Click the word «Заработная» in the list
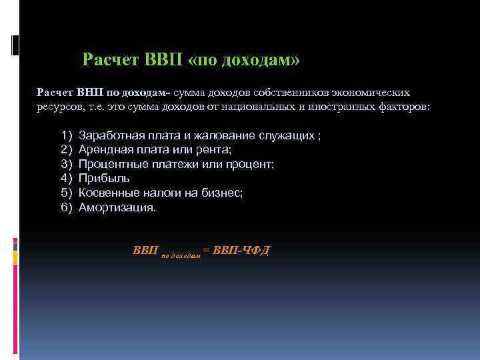click(109, 136)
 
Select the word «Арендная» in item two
click(103, 150)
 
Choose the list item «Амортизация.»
click(117, 207)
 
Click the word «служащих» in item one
click(292, 136)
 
